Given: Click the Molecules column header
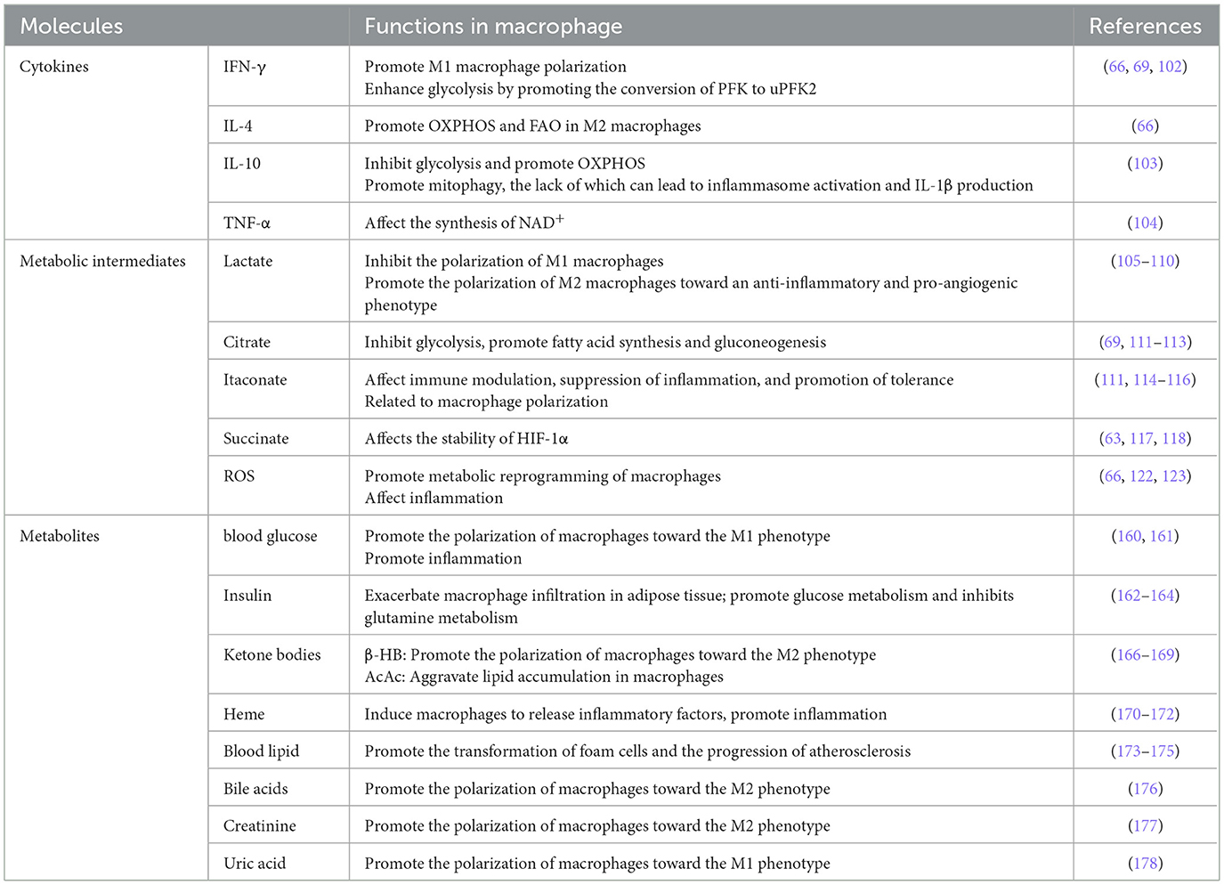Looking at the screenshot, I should [71, 27].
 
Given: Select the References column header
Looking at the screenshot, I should [1145, 27].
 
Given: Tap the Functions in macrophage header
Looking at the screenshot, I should [493, 27].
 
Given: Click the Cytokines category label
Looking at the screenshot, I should [54, 67].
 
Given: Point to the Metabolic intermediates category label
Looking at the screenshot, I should [102, 261].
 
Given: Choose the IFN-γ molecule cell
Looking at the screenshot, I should [244, 67].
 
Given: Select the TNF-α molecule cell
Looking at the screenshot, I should [247, 223].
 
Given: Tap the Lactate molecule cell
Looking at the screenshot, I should [247, 261].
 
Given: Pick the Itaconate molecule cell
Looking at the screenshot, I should [255, 380].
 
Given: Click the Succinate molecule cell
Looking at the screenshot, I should [255, 439].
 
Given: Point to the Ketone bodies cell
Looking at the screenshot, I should [272, 655].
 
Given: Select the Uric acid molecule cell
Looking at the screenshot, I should [255, 864].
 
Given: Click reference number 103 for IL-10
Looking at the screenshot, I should [1145, 164].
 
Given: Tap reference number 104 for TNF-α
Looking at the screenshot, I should [1145, 223].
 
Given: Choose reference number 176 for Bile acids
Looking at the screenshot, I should [1145, 789].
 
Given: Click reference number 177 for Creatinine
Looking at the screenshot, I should [1145, 826].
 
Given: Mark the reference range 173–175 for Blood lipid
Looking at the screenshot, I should [1145, 751].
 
